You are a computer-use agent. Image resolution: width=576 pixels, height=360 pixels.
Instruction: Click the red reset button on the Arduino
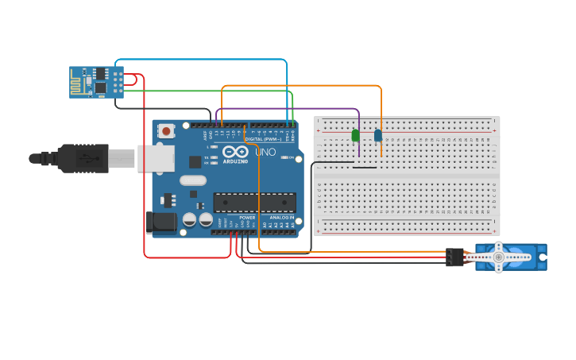point(166,130)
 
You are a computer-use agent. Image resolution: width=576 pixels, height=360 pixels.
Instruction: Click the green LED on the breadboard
point(355,136)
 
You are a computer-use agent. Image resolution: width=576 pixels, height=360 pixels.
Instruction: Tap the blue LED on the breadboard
point(378,136)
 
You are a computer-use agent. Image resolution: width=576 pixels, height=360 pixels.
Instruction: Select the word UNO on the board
point(265,152)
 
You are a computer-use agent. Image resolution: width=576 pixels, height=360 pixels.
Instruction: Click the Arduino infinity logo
point(235,151)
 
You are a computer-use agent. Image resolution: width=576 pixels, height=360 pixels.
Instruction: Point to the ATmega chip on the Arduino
point(254,203)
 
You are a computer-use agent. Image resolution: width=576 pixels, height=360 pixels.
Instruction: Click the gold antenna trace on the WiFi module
point(79,82)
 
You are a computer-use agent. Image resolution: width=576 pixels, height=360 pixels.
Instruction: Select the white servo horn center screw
point(499,257)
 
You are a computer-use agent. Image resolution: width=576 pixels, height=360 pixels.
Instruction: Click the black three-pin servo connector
point(454,257)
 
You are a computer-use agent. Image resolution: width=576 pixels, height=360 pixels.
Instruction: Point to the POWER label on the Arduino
point(247,217)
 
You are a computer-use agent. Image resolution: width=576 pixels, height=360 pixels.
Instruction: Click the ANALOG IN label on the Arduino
point(280,217)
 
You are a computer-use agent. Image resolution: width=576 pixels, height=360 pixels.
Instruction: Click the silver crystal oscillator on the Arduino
point(192,180)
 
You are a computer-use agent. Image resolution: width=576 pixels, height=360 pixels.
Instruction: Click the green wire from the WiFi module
point(207,91)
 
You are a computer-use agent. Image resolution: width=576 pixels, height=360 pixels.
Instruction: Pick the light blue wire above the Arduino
point(199,60)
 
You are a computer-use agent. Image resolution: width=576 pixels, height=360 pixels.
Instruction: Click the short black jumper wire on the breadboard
point(365,168)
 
